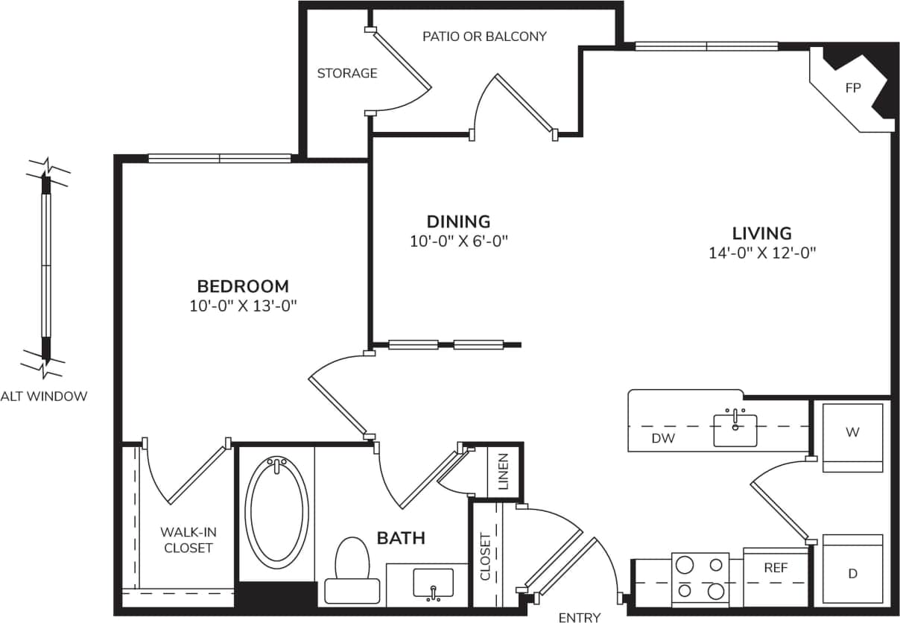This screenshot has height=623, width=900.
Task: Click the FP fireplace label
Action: pyautogui.click(x=852, y=88)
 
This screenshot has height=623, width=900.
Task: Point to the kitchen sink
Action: pyautogui.click(x=735, y=429)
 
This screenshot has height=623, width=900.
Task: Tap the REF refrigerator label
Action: pyautogui.click(x=776, y=568)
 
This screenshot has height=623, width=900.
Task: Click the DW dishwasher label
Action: pyautogui.click(x=662, y=439)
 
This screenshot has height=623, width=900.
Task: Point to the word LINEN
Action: pyautogui.click(x=504, y=471)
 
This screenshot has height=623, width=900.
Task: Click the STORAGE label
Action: pyautogui.click(x=347, y=73)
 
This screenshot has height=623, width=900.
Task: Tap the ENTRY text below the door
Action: pyautogui.click(x=579, y=616)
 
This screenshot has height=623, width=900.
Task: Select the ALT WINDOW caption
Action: pyautogui.click(x=43, y=396)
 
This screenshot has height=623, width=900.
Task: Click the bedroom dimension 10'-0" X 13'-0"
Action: pyautogui.click(x=243, y=306)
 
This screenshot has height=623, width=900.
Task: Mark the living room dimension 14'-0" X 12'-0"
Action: pyautogui.click(x=762, y=253)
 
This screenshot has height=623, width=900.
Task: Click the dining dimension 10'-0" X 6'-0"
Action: pyautogui.click(x=458, y=241)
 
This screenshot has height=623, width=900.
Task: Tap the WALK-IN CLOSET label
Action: pyautogui.click(x=188, y=540)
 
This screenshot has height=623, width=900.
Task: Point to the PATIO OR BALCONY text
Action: pyautogui.click(x=484, y=36)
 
